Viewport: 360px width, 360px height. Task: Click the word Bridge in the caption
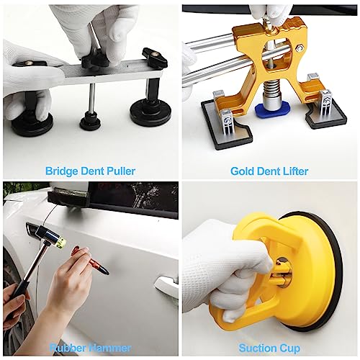62,171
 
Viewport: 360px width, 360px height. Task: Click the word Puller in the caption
121,171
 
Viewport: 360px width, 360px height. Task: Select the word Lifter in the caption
295,171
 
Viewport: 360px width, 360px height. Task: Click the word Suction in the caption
256,348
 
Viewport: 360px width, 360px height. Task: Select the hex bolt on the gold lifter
299,48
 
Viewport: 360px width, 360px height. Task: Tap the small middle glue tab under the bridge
90,122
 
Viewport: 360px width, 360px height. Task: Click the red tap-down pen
90,260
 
